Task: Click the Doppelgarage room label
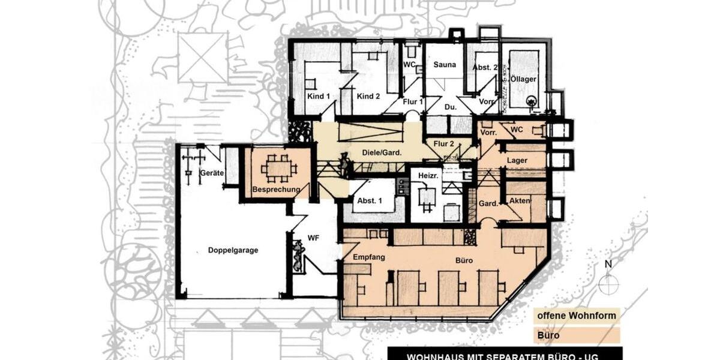[233, 250]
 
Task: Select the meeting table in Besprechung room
[279, 169]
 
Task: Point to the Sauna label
[445, 65]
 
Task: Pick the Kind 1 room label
[319, 96]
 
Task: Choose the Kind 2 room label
[368, 96]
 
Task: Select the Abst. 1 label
[368, 202]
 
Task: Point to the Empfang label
[368, 257]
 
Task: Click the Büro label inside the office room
[464, 261]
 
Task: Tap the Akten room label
[519, 200]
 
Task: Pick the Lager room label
[517, 161]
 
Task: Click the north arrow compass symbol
[608, 283]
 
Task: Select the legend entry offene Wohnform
[576, 316]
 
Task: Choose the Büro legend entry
[548, 335]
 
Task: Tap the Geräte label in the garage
[212, 173]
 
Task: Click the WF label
[313, 238]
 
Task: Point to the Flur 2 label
[443, 143]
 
